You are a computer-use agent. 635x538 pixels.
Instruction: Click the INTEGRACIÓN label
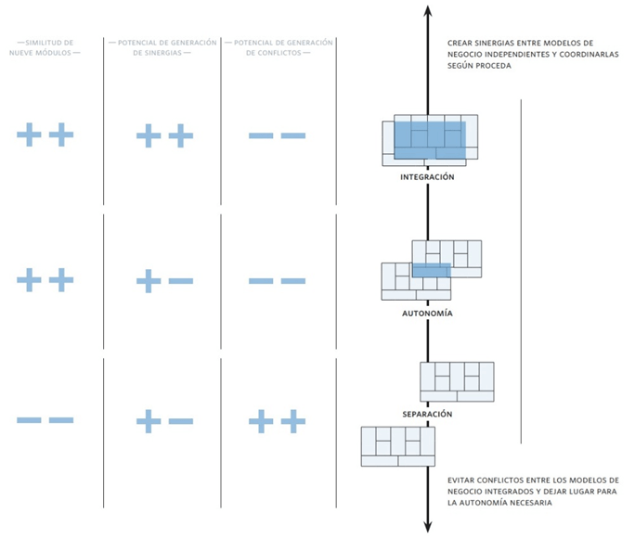point(427,176)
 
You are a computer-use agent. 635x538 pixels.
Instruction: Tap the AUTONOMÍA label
point(427,314)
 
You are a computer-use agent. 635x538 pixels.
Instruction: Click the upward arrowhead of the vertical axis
point(427,10)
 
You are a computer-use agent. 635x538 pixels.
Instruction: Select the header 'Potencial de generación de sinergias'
point(162,47)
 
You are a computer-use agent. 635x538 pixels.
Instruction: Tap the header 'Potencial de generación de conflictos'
point(279,47)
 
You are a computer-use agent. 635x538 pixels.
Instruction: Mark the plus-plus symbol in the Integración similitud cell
point(45,135)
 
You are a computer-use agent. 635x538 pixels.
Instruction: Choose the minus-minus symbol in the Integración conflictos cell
point(278,136)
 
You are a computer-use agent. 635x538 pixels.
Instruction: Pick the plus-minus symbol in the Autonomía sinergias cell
point(164,280)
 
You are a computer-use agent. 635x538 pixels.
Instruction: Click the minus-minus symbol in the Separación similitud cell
point(45,420)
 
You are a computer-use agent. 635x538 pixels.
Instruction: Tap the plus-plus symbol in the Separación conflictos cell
point(278,421)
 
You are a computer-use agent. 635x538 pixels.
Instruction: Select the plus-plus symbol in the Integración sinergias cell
point(164,136)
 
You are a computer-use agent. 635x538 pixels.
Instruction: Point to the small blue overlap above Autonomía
point(431,270)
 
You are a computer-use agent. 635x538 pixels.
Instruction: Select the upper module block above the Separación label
point(457,381)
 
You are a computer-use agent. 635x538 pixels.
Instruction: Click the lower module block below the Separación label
point(397,446)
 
